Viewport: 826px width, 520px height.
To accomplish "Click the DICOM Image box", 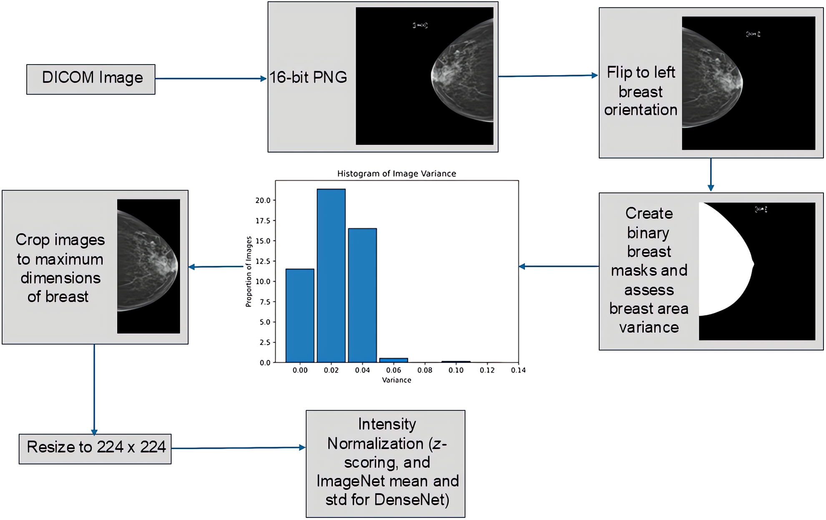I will click(x=91, y=79).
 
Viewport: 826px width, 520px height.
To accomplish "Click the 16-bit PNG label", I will click(x=308, y=78).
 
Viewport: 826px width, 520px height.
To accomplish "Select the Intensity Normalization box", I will click(x=385, y=463).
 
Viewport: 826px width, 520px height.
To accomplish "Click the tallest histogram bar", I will click(x=331, y=275).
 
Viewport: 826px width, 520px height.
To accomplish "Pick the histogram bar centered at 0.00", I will click(x=300, y=316).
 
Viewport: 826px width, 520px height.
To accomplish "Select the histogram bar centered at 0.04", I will click(x=362, y=295).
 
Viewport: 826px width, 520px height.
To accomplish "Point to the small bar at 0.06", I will click(x=394, y=360).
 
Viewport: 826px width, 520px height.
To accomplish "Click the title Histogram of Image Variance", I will click(x=396, y=173).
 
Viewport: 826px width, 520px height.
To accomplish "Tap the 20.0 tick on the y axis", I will click(x=263, y=200).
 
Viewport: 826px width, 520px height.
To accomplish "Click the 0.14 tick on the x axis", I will click(x=518, y=370).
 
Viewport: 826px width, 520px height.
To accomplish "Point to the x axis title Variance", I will click(x=396, y=380).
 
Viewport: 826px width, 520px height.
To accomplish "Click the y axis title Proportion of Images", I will click(x=249, y=271).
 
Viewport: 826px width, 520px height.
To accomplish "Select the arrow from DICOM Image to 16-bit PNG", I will click(x=211, y=78).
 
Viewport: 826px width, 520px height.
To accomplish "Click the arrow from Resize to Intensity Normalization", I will click(x=238, y=448).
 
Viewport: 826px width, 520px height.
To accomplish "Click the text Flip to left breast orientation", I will click(x=640, y=91).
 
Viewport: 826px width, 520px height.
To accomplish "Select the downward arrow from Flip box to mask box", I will click(x=711, y=174).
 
